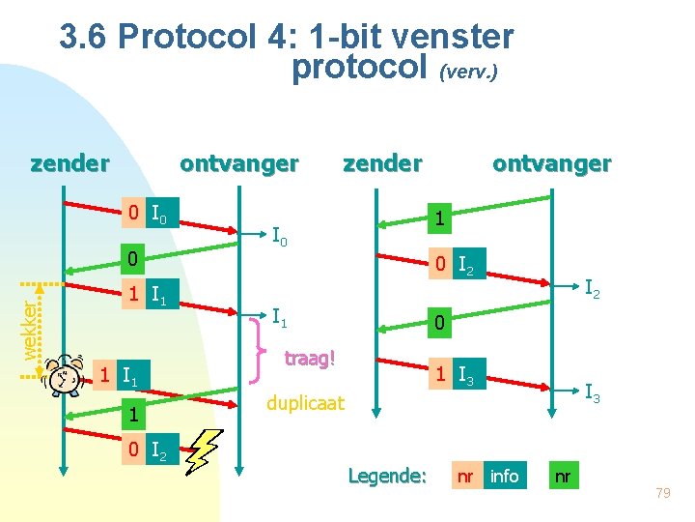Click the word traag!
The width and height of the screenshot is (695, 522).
click(309, 359)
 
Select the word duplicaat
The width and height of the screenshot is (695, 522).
click(304, 402)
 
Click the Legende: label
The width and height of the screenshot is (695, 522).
click(386, 476)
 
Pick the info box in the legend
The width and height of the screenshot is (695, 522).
click(504, 476)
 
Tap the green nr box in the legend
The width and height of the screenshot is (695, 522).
click(564, 476)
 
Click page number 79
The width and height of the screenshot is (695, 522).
click(662, 495)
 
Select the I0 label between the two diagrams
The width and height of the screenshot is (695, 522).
click(282, 235)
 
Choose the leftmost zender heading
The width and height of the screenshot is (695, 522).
click(69, 163)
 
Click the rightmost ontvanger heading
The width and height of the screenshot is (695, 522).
click(551, 163)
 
